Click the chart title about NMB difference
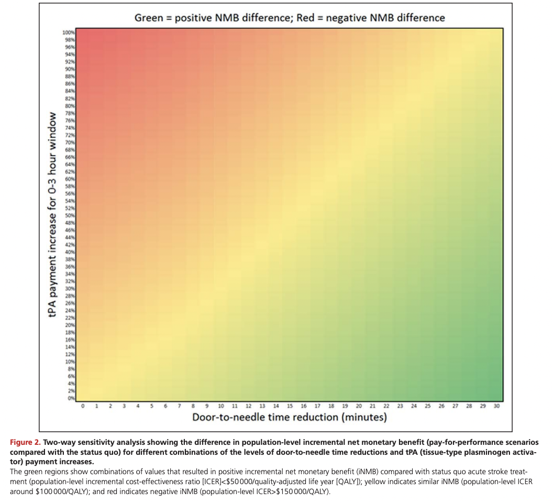290,18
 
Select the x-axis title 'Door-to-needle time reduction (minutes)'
290,418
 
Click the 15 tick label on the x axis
290,406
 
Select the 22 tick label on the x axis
386,406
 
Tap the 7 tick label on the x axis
180,406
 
